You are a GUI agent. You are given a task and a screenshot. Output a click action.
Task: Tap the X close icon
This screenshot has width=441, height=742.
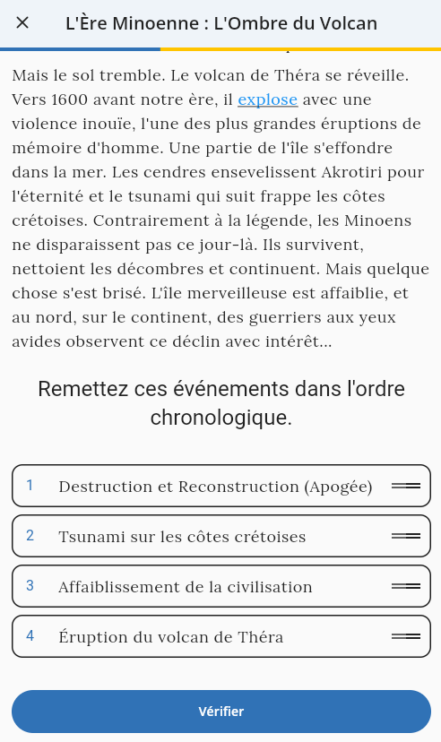[x=22, y=23]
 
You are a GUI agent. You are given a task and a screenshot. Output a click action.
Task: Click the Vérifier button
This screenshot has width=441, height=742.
[x=220, y=712]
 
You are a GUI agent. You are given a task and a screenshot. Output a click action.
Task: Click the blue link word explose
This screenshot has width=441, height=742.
[x=267, y=99]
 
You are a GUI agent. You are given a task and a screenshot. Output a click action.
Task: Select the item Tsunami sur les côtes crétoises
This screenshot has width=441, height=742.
[x=182, y=537]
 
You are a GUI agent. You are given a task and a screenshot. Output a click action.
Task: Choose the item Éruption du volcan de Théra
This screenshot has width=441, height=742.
[x=170, y=637]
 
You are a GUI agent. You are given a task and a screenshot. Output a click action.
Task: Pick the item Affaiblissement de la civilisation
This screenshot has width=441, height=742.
[x=185, y=587]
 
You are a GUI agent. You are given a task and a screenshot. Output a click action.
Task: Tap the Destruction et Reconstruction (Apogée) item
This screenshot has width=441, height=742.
[x=215, y=487]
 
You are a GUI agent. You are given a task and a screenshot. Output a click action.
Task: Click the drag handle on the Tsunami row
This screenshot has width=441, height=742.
[x=406, y=536]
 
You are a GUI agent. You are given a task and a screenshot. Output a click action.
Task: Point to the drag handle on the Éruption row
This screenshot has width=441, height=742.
[x=406, y=636]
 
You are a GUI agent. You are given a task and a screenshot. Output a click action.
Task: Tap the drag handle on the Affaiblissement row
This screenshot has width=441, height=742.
[x=406, y=586]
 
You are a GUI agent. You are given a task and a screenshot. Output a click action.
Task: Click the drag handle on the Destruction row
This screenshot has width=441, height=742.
[x=406, y=486]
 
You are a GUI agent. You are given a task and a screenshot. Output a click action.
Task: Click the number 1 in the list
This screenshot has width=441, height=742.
[x=30, y=486]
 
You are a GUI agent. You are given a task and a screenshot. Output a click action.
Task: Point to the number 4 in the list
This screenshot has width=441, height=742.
[x=30, y=636]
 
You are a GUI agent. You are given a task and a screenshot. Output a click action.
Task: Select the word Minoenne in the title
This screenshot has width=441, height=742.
[x=157, y=23]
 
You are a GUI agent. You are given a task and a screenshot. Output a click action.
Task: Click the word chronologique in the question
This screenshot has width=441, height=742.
[x=220, y=418]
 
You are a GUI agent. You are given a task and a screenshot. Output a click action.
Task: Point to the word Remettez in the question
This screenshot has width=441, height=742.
[x=82, y=389]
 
